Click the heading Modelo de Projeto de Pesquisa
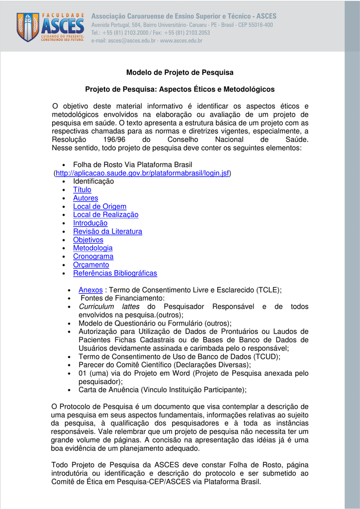click(180, 73)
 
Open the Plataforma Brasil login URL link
click(142, 173)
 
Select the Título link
click(82, 190)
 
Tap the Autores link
click(86, 198)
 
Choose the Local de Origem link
click(99, 206)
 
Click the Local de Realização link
click(105, 215)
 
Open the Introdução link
click(90, 223)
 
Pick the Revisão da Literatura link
click(107, 232)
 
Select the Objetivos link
click(88, 240)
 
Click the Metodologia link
click(92, 248)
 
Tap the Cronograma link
click(93, 256)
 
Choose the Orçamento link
click(91, 265)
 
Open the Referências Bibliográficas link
click(115, 273)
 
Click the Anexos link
click(90, 290)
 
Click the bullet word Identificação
click(93, 181)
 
